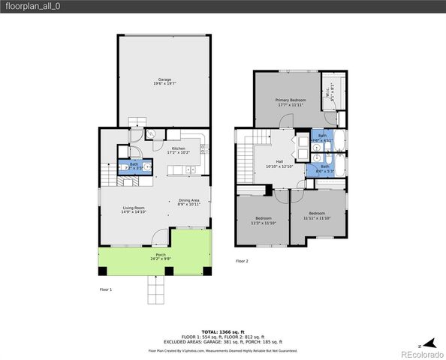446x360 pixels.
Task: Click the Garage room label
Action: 163,81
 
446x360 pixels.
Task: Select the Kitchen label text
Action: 179,150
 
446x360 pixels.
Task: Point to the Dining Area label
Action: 188,202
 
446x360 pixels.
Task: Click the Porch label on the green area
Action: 161,256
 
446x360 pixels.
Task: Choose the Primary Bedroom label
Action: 289,102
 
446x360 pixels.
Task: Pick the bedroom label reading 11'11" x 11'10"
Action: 318,218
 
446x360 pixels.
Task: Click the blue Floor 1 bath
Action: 134,166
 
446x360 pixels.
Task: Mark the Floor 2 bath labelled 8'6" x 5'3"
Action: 324,169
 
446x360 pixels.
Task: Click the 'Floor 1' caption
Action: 106,289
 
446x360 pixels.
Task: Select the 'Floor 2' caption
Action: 242,261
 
